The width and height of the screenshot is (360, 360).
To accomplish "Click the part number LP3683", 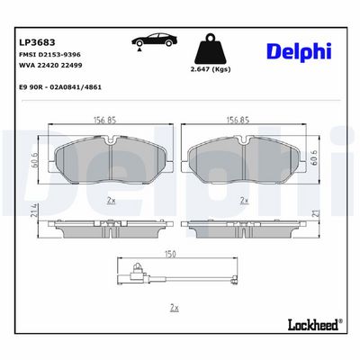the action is click(37, 42).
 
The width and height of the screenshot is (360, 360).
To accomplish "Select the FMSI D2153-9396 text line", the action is click(49, 55).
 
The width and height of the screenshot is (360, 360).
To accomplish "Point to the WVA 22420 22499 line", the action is click(50, 65).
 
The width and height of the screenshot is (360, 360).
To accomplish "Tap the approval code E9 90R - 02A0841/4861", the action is click(60, 87).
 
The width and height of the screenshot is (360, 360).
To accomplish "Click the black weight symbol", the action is click(211, 49).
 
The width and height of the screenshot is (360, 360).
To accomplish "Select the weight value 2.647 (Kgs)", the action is click(211, 69).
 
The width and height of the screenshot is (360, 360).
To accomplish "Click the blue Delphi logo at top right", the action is click(299, 51).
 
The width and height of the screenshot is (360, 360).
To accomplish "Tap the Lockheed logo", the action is click(315, 325).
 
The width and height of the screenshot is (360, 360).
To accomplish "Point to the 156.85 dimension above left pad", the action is click(104, 120).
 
